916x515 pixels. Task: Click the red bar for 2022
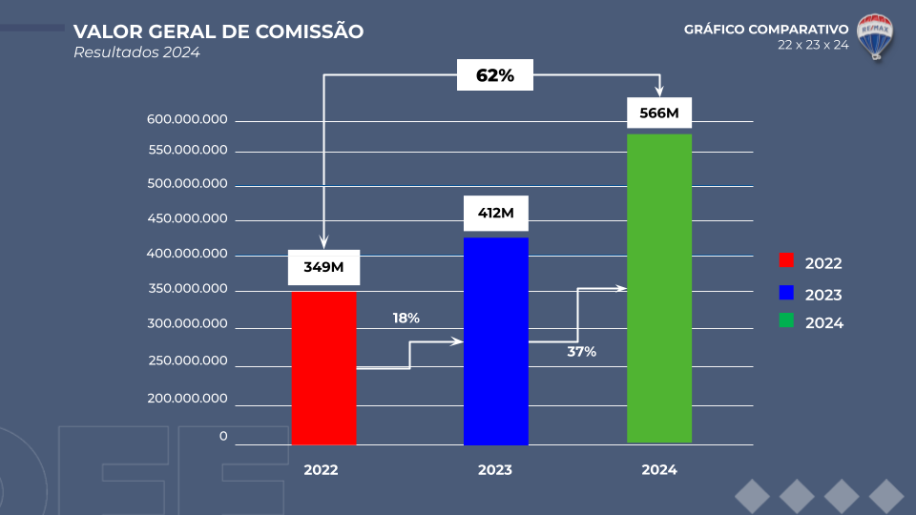(323, 367)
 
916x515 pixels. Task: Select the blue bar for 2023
(495, 340)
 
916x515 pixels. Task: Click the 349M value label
(323, 267)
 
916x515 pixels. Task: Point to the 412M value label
(495, 213)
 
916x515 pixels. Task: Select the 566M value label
(659, 113)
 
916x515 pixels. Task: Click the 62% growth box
(494, 75)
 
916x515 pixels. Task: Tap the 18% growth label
(406, 318)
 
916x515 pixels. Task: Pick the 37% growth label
(582, 352)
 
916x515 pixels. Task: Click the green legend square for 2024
(786, 320)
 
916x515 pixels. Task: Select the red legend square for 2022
(786, 261)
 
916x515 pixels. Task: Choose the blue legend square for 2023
(786, 292)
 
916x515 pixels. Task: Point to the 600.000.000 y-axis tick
(187, 120)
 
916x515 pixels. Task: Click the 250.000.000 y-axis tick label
(187, 361)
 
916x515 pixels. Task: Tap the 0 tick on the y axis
(223, 437)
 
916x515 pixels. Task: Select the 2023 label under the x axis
(495, 470)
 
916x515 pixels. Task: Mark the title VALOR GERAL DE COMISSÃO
(219, 31)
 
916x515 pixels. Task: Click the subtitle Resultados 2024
(136, 52)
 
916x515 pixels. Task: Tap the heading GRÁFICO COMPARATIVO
(766, 30)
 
